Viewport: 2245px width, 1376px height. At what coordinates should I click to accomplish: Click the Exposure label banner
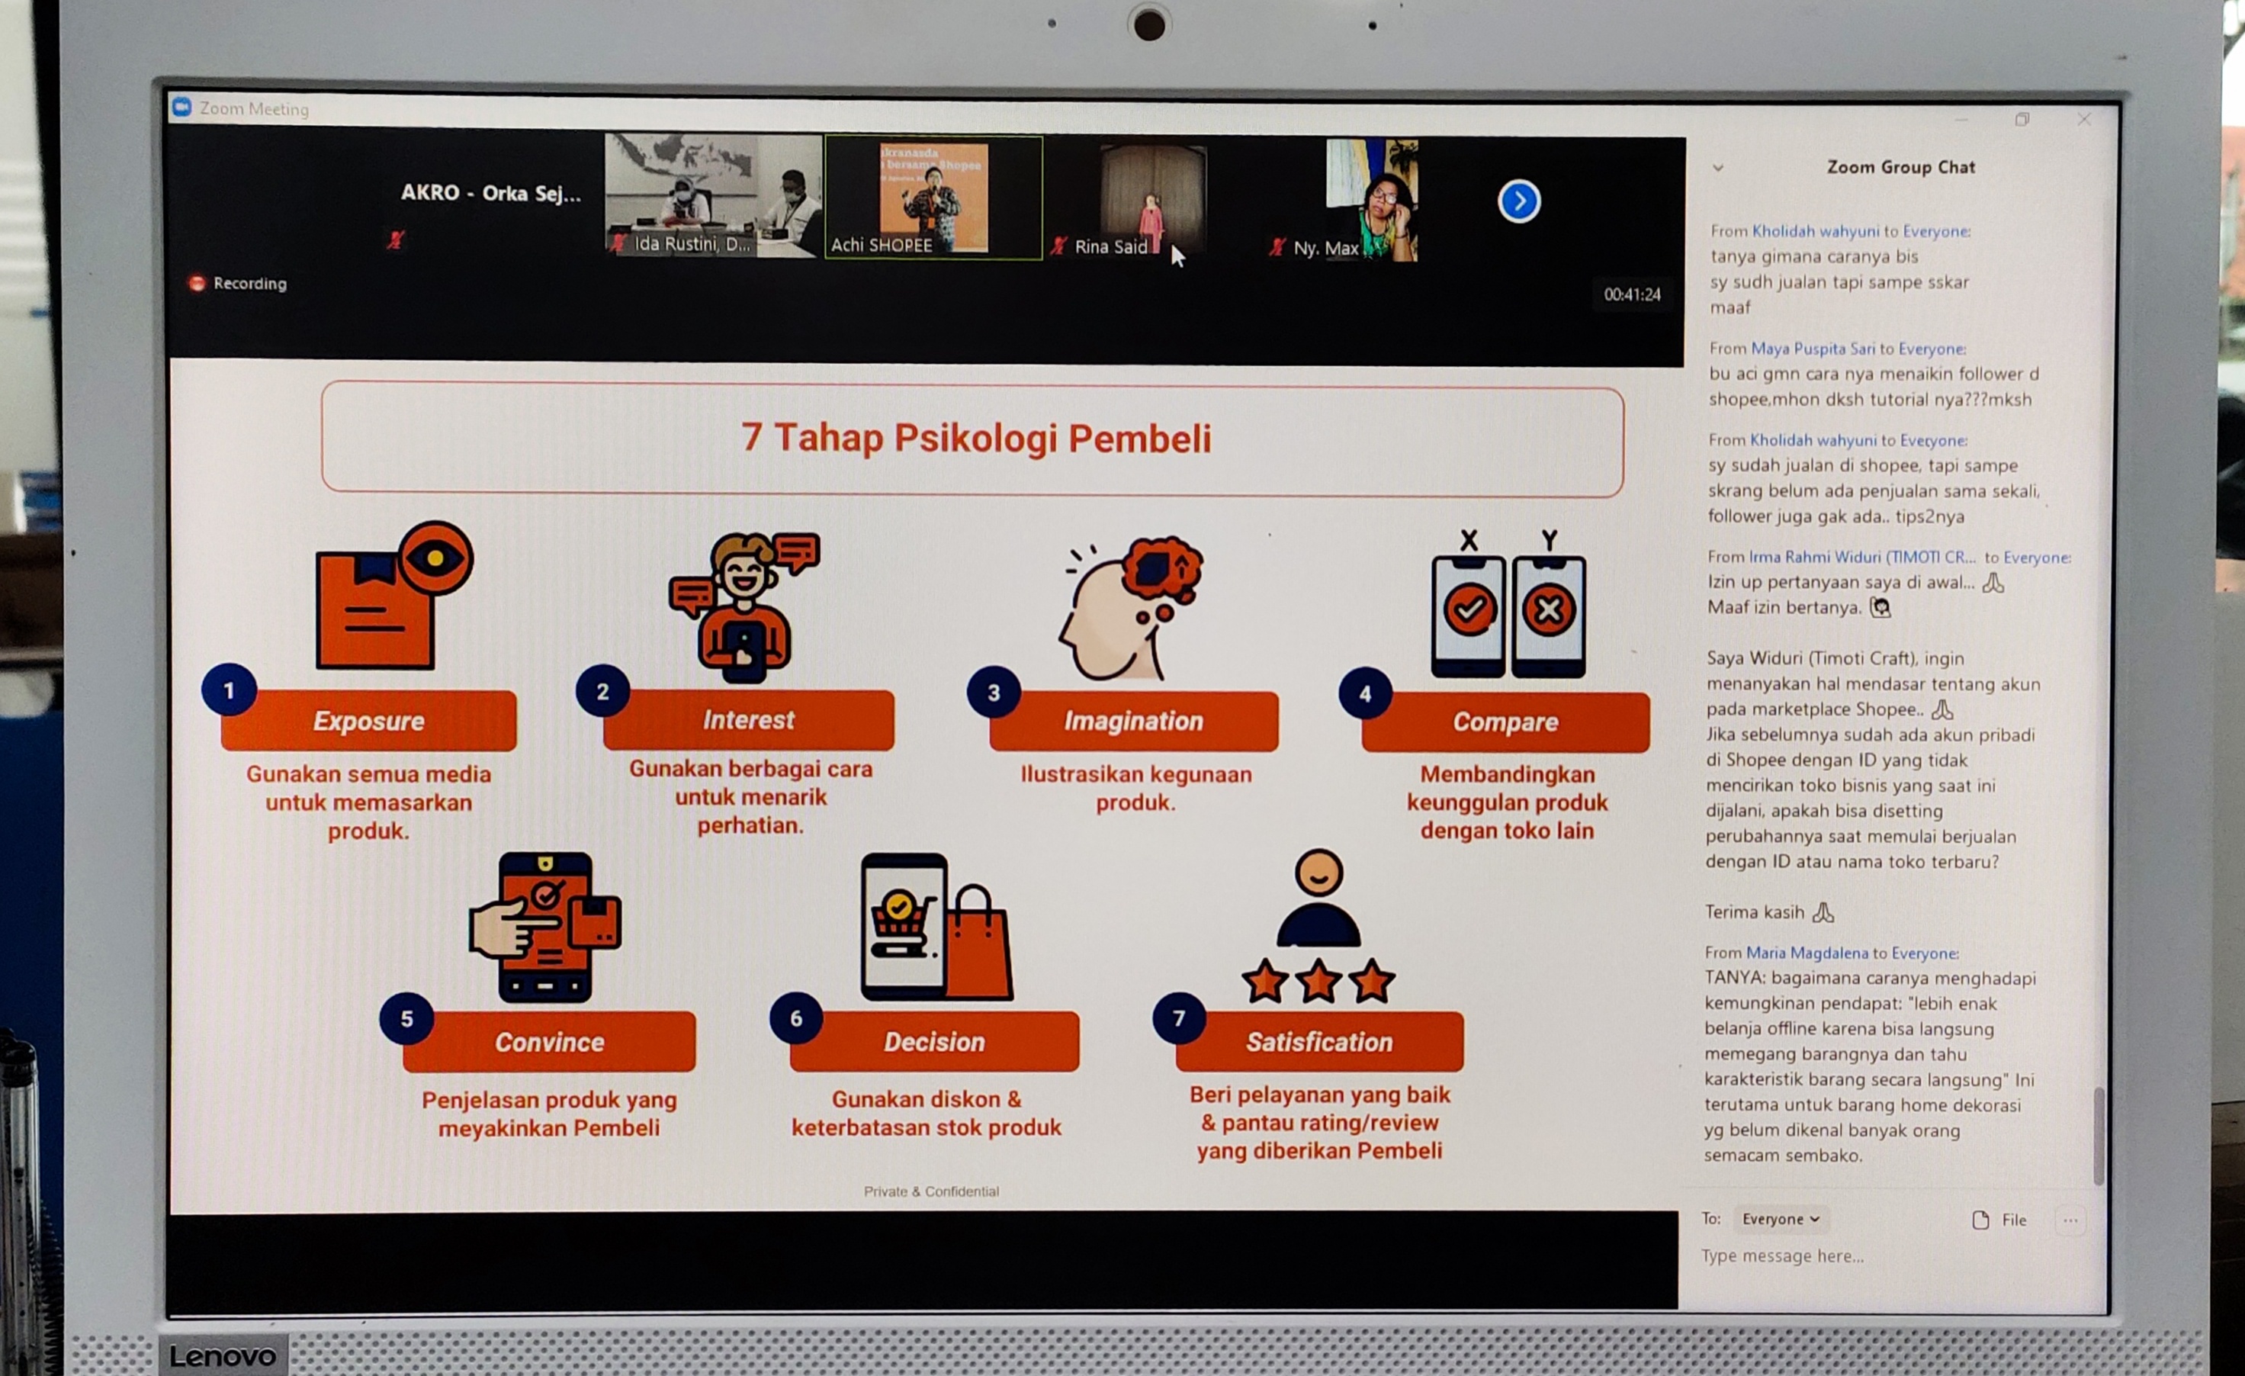(x=368, y=720)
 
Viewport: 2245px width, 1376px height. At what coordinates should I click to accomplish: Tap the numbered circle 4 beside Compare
(x=1365, y=693)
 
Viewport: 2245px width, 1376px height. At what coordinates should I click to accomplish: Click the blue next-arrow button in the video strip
(x=1519, y=201)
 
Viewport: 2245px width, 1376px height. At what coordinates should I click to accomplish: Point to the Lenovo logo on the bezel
(x=223, y=1355)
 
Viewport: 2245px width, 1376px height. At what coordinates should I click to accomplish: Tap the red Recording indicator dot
(x=197, y=284)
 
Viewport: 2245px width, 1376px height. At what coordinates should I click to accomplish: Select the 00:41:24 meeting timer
(x=1632, y=294)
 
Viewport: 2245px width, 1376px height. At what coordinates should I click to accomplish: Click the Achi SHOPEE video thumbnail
(x=933, y=198)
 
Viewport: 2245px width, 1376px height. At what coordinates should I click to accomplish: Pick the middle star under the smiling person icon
(x=1318, y=982)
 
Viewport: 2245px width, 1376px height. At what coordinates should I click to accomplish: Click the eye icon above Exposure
(x=435, y=558)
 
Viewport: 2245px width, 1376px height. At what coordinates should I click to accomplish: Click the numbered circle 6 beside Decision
(x=796, y=1018)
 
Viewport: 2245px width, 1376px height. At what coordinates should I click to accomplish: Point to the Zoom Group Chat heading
(x=1900, y=167)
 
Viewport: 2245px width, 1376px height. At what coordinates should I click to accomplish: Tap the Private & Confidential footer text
(x=931, y=1191)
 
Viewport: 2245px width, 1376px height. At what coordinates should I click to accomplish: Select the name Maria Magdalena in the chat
(x=1807, y=952)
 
